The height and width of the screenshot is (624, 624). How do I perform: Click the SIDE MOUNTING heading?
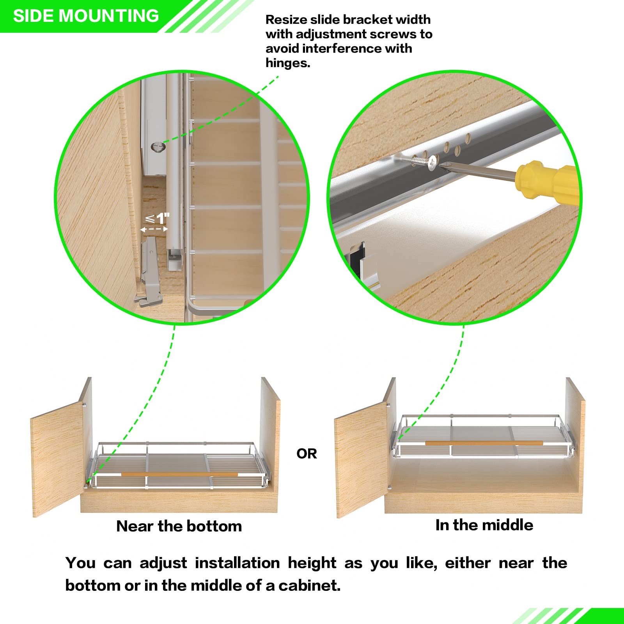click(x=86, y=16)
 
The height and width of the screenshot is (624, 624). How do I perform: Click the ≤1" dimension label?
click(x=157, y=218)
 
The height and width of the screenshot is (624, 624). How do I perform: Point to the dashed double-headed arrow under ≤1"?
click(x=154, y=230)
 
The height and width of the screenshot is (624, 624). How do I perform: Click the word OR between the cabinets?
click(x=307, y=454)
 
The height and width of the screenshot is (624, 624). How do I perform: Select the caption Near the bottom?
click(x=179, y=526)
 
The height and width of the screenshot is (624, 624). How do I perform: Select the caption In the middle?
click(x=484, y=525)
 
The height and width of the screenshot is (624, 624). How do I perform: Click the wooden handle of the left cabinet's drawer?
click(x=179, y=474)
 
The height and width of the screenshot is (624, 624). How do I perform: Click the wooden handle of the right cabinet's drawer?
click(x=484, y=443)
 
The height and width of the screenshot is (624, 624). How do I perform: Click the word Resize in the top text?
click(x=286, y=19)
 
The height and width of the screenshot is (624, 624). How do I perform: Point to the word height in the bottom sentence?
click(x=312, y=563)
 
